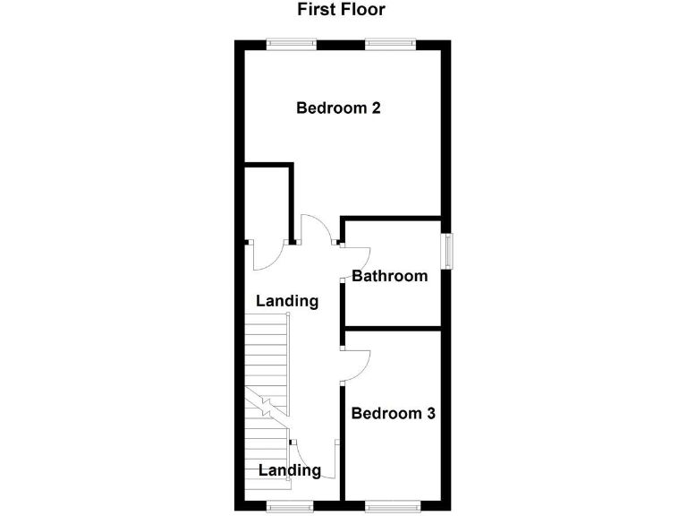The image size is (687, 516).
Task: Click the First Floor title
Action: coord(341,11)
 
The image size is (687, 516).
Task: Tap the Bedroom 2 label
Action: coord(339,108)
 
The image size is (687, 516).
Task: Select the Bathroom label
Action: coord(389,276)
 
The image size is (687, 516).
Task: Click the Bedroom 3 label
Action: coord(393,414)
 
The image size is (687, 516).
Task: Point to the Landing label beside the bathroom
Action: coord(287,301)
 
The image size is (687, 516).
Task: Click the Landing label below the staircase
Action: coord(289,470)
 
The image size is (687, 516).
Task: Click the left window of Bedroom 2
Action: coord(292,41)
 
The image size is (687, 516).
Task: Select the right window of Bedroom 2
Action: coord(389,41)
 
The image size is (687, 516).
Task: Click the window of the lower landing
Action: coord(292,507)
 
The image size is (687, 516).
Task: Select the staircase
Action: coord(268,394)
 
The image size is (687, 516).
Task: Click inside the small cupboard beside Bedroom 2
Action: coord(267,204)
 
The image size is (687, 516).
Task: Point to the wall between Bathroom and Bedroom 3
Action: coord(394,329)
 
